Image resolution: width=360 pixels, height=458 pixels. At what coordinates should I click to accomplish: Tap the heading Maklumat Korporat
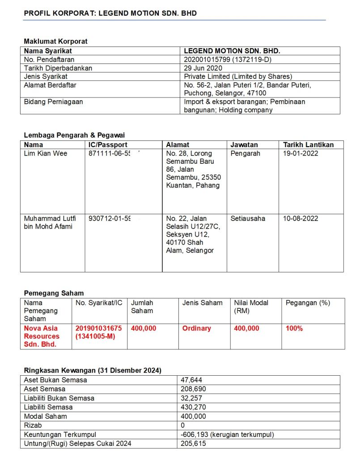[55, 41]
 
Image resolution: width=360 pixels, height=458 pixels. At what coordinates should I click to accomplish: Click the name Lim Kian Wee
[46, 153]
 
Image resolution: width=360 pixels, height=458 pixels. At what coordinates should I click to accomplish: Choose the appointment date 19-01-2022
[301, 153]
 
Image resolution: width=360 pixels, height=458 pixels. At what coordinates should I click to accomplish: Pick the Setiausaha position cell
[248, 219]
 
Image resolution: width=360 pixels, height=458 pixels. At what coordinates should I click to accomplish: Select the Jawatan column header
[244, 145]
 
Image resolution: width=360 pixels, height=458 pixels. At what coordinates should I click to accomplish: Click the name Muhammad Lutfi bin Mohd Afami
[50, 222]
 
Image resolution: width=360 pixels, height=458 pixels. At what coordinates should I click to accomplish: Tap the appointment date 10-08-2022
[301, 219]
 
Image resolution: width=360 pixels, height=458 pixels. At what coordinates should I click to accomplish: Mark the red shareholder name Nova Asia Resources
[42, 336]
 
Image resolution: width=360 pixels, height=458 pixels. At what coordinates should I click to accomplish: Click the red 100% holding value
[294, 328]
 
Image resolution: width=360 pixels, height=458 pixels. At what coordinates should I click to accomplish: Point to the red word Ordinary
[197, 328]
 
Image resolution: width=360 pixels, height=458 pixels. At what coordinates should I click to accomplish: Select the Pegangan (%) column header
[308, 303]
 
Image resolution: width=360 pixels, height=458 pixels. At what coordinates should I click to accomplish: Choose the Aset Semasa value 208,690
[193, 389]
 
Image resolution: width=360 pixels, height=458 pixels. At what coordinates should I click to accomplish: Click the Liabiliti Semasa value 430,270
[193, 407]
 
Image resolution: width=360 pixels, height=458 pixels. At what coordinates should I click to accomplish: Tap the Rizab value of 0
[183, 425]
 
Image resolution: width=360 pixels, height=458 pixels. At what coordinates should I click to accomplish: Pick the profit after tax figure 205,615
[193, 443]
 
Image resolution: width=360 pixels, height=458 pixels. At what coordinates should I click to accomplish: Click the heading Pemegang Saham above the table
[54, 293]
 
